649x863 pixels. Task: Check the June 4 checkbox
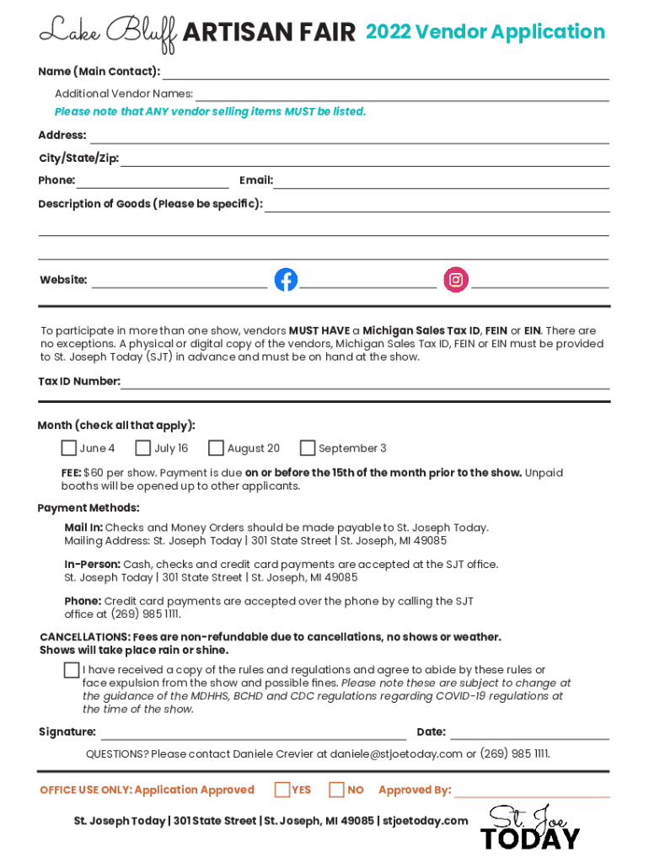[69, 448]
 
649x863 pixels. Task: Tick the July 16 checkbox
[143, 448]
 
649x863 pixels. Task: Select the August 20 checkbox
[217, 448]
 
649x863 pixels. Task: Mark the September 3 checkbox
[308, 448]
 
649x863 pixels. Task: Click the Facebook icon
[286, 280]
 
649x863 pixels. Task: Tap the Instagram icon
[456, 280]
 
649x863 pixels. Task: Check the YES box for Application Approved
[282, 790]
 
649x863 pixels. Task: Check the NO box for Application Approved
[337, 790]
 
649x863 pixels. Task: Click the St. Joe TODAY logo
[530, 828]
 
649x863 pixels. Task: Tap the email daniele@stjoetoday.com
[396, 753]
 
